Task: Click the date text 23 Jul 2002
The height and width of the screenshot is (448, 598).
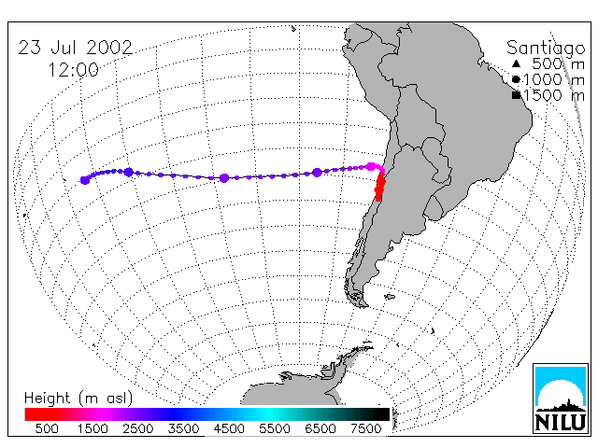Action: click(x=76, y=48)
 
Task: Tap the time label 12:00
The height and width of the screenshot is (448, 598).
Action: click(x=73, y=70)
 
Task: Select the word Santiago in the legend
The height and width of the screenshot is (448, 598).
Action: click(x=546, y=49)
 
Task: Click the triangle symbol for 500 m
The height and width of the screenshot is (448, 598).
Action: click(x=516, y=63)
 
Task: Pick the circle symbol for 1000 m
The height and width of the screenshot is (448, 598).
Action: click(x=516, y=79)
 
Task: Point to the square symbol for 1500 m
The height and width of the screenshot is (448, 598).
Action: click(x=517, y=95)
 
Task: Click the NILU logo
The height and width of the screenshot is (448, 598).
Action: click(x=561, y=399)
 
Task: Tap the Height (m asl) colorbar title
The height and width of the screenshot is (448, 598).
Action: click(x=78, y=399)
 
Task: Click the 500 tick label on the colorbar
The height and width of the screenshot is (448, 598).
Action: click(x=47, y=428)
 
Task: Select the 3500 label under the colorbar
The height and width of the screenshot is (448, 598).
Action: click(x=183, y=428)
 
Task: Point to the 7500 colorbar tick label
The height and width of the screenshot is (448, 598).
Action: click(x=365, y=428)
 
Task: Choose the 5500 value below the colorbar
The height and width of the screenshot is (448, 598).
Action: click(x=275, y=428)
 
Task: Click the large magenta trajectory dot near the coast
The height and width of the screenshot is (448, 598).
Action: click(x=371, y=166)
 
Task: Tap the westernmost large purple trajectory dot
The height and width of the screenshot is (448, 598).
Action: click(x=85, y=180)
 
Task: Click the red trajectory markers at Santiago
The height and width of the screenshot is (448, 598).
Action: click(x=379, y=187)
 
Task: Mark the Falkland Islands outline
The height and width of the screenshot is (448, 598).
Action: click(x=390, y=297)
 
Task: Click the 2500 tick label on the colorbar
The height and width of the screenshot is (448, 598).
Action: click(x=138, y=428)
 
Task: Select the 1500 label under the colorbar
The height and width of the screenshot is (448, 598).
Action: click(x=93, y=428)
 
